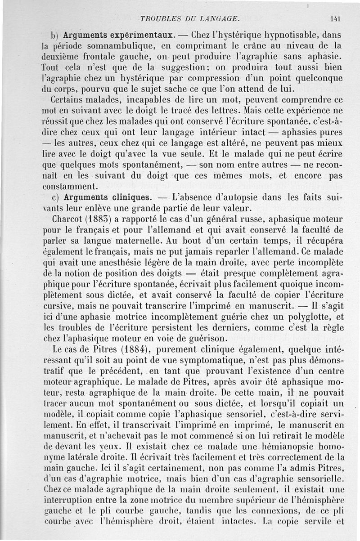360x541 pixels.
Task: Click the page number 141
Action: pyautogui.click(x=335, y=19)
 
